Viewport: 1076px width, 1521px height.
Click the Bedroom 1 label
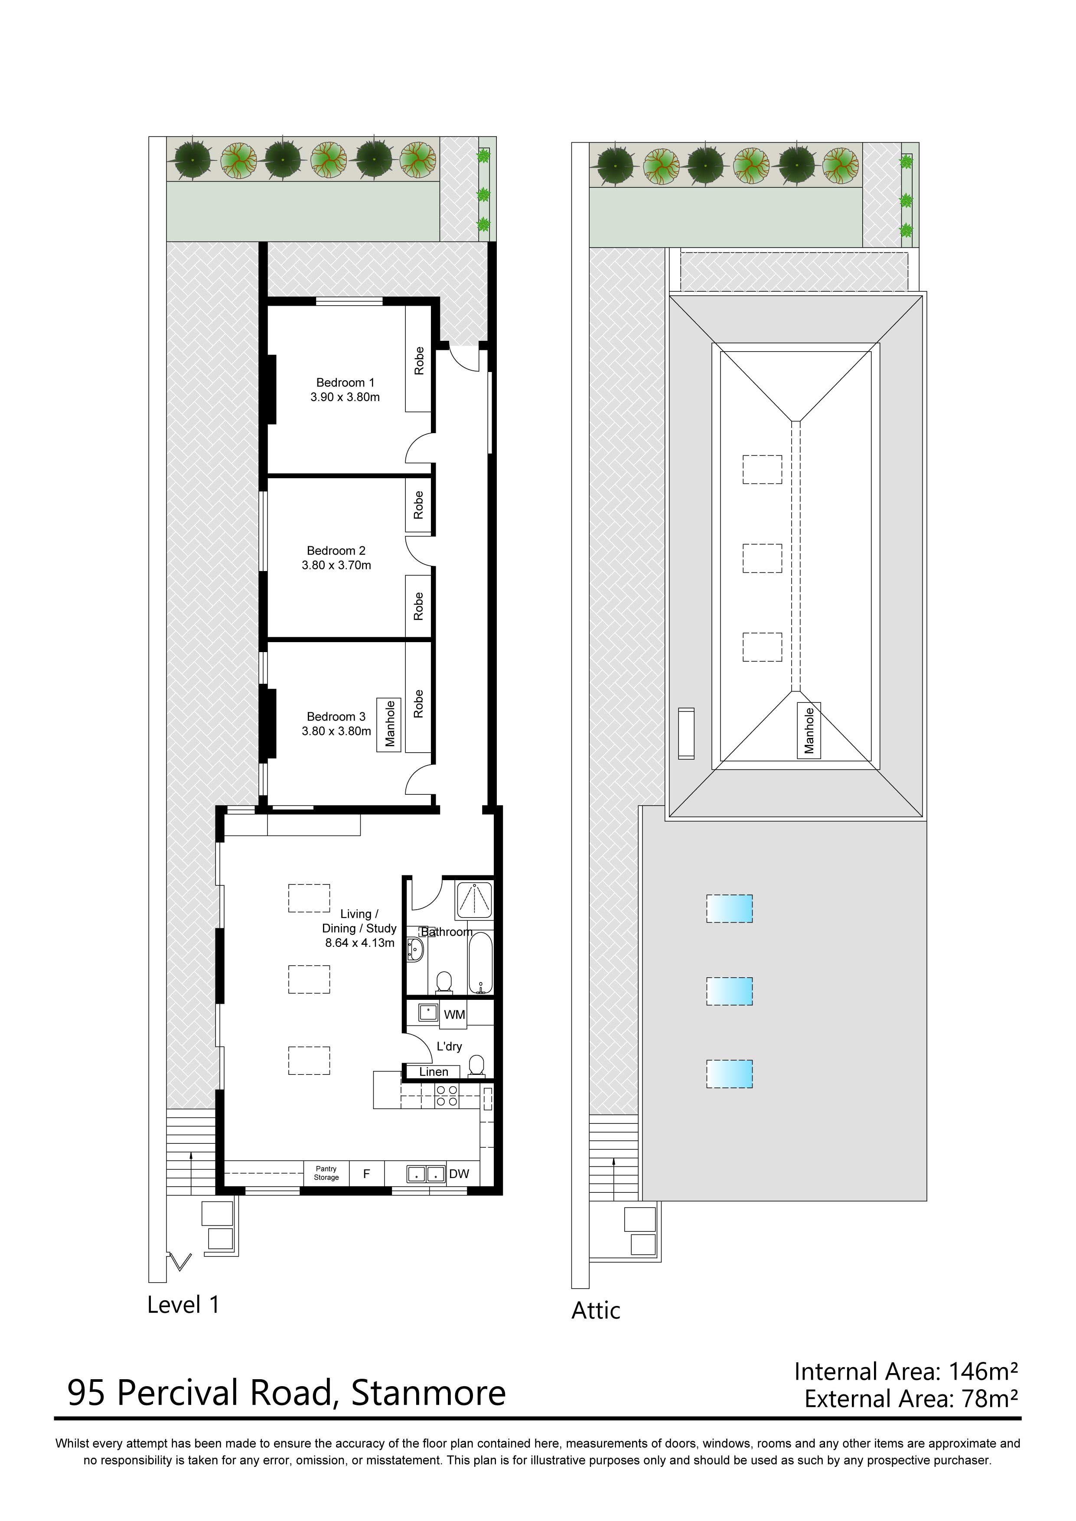[x=345, y=382]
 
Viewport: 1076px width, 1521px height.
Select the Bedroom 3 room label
[x=336, y=716]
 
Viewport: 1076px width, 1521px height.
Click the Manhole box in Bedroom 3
[x=390, y=724]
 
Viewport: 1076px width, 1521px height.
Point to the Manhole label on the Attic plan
[x=809, y=730]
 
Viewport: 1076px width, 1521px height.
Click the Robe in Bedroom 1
[x=419, y=361]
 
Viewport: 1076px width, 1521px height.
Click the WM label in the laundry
[x=454, y=1014]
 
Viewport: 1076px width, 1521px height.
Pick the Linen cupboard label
[x=434, y=1072]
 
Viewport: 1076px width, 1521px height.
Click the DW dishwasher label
[x=459, y=1174]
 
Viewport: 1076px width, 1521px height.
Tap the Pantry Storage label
[x=326, y=1173]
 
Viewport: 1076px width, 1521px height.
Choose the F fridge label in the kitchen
[x=366, y=1174]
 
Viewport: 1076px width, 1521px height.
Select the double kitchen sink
[x=425, y=1174]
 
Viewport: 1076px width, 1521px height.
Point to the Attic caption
[x=596, y=1310]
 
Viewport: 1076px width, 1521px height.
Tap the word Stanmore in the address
[x=428, y=1393]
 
